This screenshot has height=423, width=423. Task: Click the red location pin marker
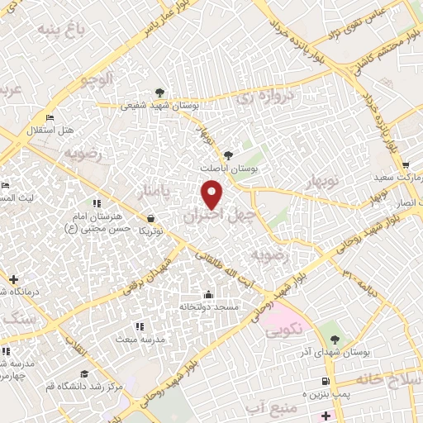212,195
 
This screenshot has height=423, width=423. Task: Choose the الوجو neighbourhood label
97,79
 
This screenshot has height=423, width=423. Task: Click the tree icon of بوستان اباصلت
229,154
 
